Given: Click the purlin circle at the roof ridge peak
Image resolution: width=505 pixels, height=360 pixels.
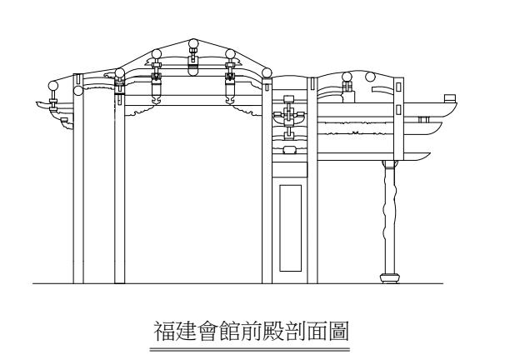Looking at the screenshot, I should point(193,44).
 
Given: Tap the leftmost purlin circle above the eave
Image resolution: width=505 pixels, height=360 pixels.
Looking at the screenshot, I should point(53,84).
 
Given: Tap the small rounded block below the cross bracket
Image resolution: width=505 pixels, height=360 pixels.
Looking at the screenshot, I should point(289,149).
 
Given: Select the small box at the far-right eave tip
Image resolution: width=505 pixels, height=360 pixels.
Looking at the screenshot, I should point(451,100).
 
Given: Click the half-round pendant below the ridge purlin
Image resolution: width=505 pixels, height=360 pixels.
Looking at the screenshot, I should point(193,72).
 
